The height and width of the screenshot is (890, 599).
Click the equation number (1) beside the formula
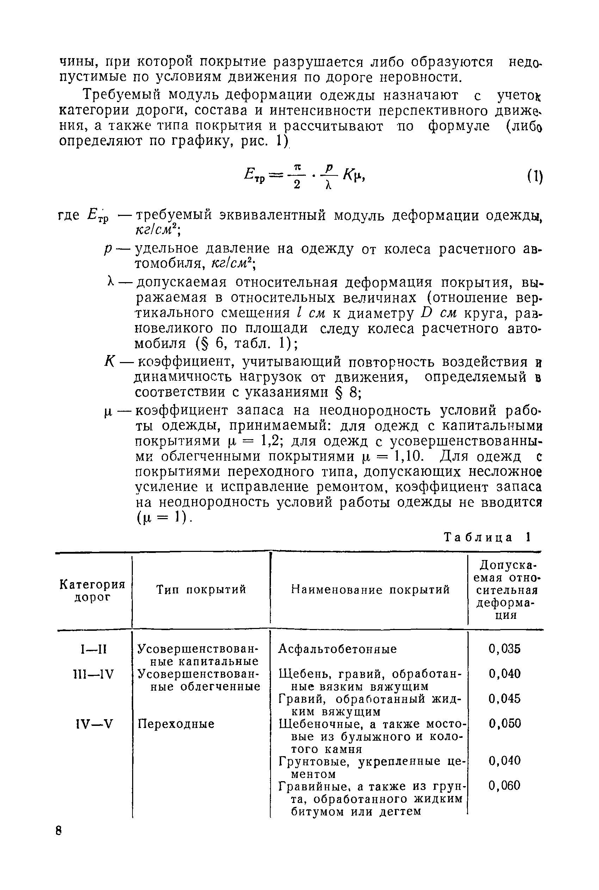tap(535, 177)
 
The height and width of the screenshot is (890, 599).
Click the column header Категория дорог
tap(92, 590)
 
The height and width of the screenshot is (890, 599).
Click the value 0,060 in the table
tap(505, 785)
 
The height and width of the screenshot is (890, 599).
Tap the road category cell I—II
tap(94, 649)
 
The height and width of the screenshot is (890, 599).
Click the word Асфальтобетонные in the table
tap(338, 649)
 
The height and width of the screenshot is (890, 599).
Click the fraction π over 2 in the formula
tap(298, 176)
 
